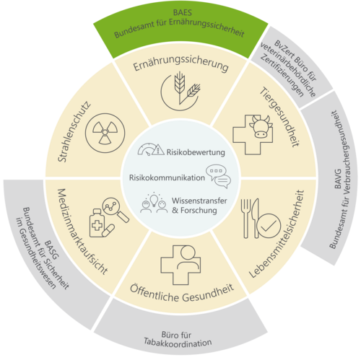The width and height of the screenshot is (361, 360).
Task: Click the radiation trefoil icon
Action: coord(105,133)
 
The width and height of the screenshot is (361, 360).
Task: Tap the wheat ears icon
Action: coord(180,91)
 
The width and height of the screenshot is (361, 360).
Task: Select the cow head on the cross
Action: coord(261,126)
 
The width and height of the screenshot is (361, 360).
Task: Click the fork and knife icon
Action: coord(251,218)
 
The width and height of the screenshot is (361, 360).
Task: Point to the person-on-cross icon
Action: coord(180,265)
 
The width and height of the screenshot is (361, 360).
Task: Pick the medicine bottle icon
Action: coord(97,223)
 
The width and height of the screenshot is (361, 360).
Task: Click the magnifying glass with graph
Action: coord(115,209)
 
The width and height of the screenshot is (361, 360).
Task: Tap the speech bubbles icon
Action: coord(218,176)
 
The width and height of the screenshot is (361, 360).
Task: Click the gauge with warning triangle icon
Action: coord(151,149)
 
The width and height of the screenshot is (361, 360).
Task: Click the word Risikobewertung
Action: coord(196,152)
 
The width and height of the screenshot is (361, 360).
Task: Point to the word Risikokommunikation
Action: coord(167,177)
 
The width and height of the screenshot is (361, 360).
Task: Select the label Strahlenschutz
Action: coord(74,131)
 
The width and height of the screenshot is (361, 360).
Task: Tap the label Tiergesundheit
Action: coord(279,117)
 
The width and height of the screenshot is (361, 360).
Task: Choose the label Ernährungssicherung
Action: coord(180,63)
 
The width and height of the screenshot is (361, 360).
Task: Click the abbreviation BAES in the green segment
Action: coord(183,12)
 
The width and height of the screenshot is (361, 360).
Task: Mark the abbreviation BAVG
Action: coord(338,179)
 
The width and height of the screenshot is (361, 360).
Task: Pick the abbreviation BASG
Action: coord(52,250)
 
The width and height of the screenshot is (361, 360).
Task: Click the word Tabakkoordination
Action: coord(178,342)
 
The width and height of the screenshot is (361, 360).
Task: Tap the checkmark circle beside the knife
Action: coord(269,226)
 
